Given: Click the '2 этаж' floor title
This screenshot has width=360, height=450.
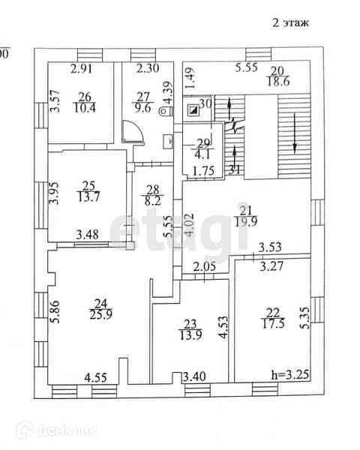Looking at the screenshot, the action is (x=290, y=22).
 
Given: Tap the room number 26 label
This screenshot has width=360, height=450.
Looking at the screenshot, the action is (x=85, y=97).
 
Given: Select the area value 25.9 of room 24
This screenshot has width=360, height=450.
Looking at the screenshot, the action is (x=101, y=315).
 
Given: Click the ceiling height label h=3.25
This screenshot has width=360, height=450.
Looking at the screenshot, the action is (x=290, y=375).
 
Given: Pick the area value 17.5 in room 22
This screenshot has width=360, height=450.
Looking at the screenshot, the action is (x=273, y=324).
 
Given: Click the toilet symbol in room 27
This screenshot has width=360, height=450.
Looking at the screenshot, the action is (x=166, y=111).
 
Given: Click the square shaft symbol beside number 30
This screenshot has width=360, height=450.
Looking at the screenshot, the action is (x=192, y=109).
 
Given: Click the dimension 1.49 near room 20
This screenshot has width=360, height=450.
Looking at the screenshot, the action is (x=190, y=78).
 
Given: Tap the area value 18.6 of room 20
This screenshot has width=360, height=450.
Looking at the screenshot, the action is (x=278, y=82).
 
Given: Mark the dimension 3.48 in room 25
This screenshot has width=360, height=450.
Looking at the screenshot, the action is (x=88, y=235).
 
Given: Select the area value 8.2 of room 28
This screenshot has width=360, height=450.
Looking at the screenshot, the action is (x=152, y=201).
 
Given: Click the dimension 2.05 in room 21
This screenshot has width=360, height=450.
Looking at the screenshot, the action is (x=204, y=267).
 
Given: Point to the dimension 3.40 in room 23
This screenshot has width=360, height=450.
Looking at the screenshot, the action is (x=194, y=376).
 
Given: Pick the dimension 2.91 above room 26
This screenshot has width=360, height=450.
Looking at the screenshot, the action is (x=82, y=69).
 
